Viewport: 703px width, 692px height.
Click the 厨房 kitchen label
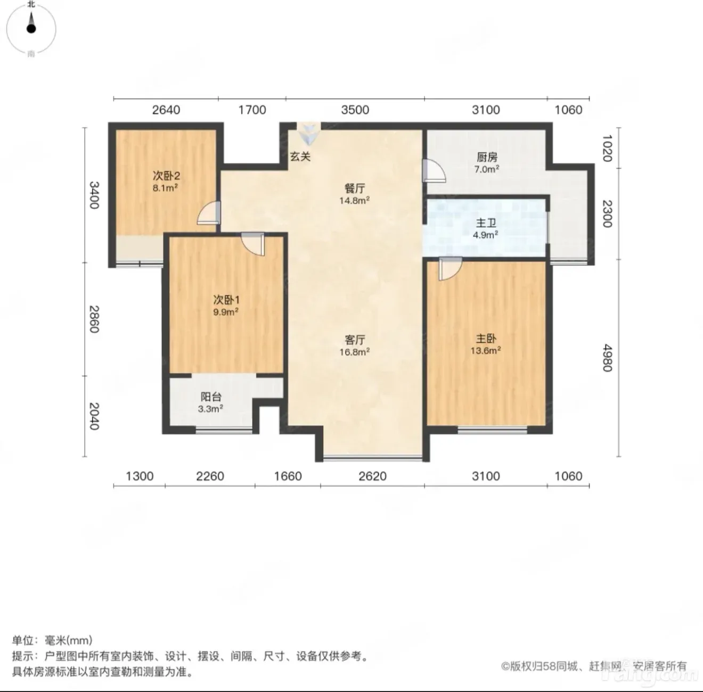coord(487,157)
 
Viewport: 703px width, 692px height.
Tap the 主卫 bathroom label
coord(486,223)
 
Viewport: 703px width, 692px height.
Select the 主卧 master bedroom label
coord(486,339)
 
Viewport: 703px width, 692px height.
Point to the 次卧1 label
coord(226,300)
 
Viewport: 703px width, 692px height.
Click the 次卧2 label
coord(166,176)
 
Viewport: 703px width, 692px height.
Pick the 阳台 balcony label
coord(211,397)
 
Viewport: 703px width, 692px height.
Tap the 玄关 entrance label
coord(300,156)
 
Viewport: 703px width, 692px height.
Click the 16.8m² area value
coord(355,352)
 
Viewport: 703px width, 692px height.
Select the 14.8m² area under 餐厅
coord(355,200)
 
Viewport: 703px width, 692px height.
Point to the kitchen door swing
coord(434,170)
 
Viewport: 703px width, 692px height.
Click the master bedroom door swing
coord(450,269)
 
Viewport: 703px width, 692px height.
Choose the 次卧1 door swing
coord(252,244)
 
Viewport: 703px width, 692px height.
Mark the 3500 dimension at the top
coord(355,110)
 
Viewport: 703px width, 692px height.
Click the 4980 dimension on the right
coord(607,358)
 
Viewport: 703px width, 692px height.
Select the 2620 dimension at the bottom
coord(372,476)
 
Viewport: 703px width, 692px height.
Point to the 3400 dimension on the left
coord(94,195)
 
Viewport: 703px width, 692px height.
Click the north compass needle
coord(31,23)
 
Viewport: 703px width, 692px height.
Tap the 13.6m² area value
coord(486,350)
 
